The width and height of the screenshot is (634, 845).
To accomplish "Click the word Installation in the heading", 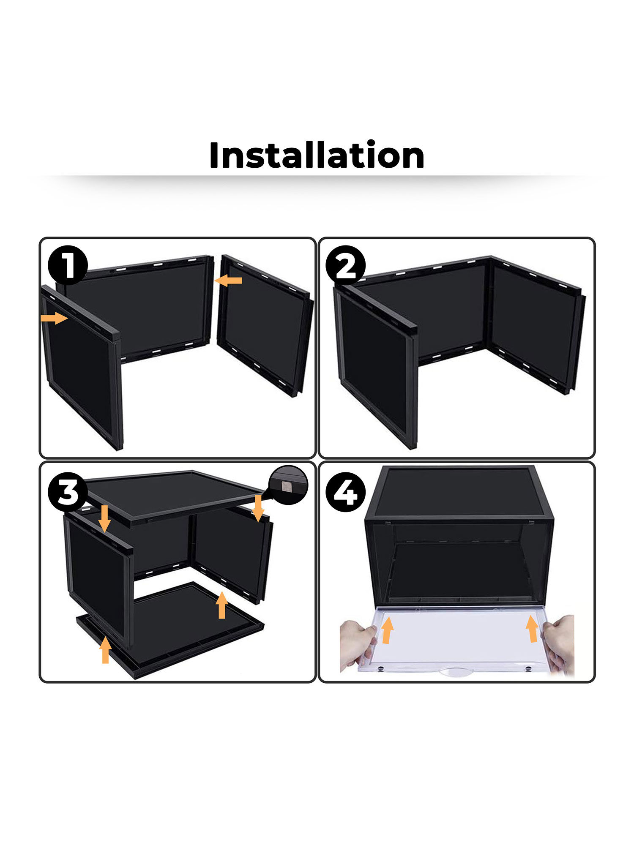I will point(317,155).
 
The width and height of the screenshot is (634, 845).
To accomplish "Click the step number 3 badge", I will point(68,491).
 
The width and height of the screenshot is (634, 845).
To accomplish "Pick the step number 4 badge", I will point(346,491).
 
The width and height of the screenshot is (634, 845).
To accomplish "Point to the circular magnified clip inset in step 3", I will point(289,485).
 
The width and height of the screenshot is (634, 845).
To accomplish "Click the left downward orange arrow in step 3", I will point(105,518).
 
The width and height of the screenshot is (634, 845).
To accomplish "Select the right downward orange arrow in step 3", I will point(258,508).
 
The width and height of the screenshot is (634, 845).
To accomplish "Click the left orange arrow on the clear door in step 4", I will point(387,630).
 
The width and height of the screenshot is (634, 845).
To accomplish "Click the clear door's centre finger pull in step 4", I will point(455,671).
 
